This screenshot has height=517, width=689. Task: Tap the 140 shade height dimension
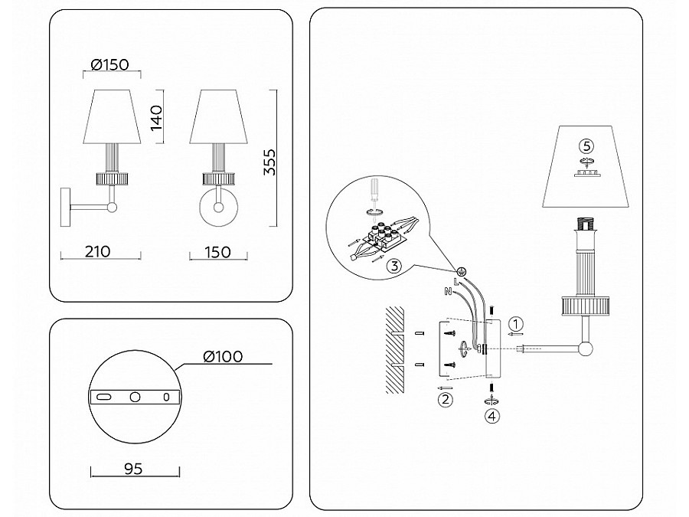156,119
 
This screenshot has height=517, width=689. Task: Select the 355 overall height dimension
269,162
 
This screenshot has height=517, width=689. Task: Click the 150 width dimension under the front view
218,251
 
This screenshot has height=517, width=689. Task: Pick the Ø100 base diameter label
224,356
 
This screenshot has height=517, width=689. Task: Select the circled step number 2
445,399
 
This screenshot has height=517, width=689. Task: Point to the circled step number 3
393,267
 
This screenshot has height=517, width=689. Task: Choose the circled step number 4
492,417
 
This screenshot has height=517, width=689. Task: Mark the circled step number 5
586,145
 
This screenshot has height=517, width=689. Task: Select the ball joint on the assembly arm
586,350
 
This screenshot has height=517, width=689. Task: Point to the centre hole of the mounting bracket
135,397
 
